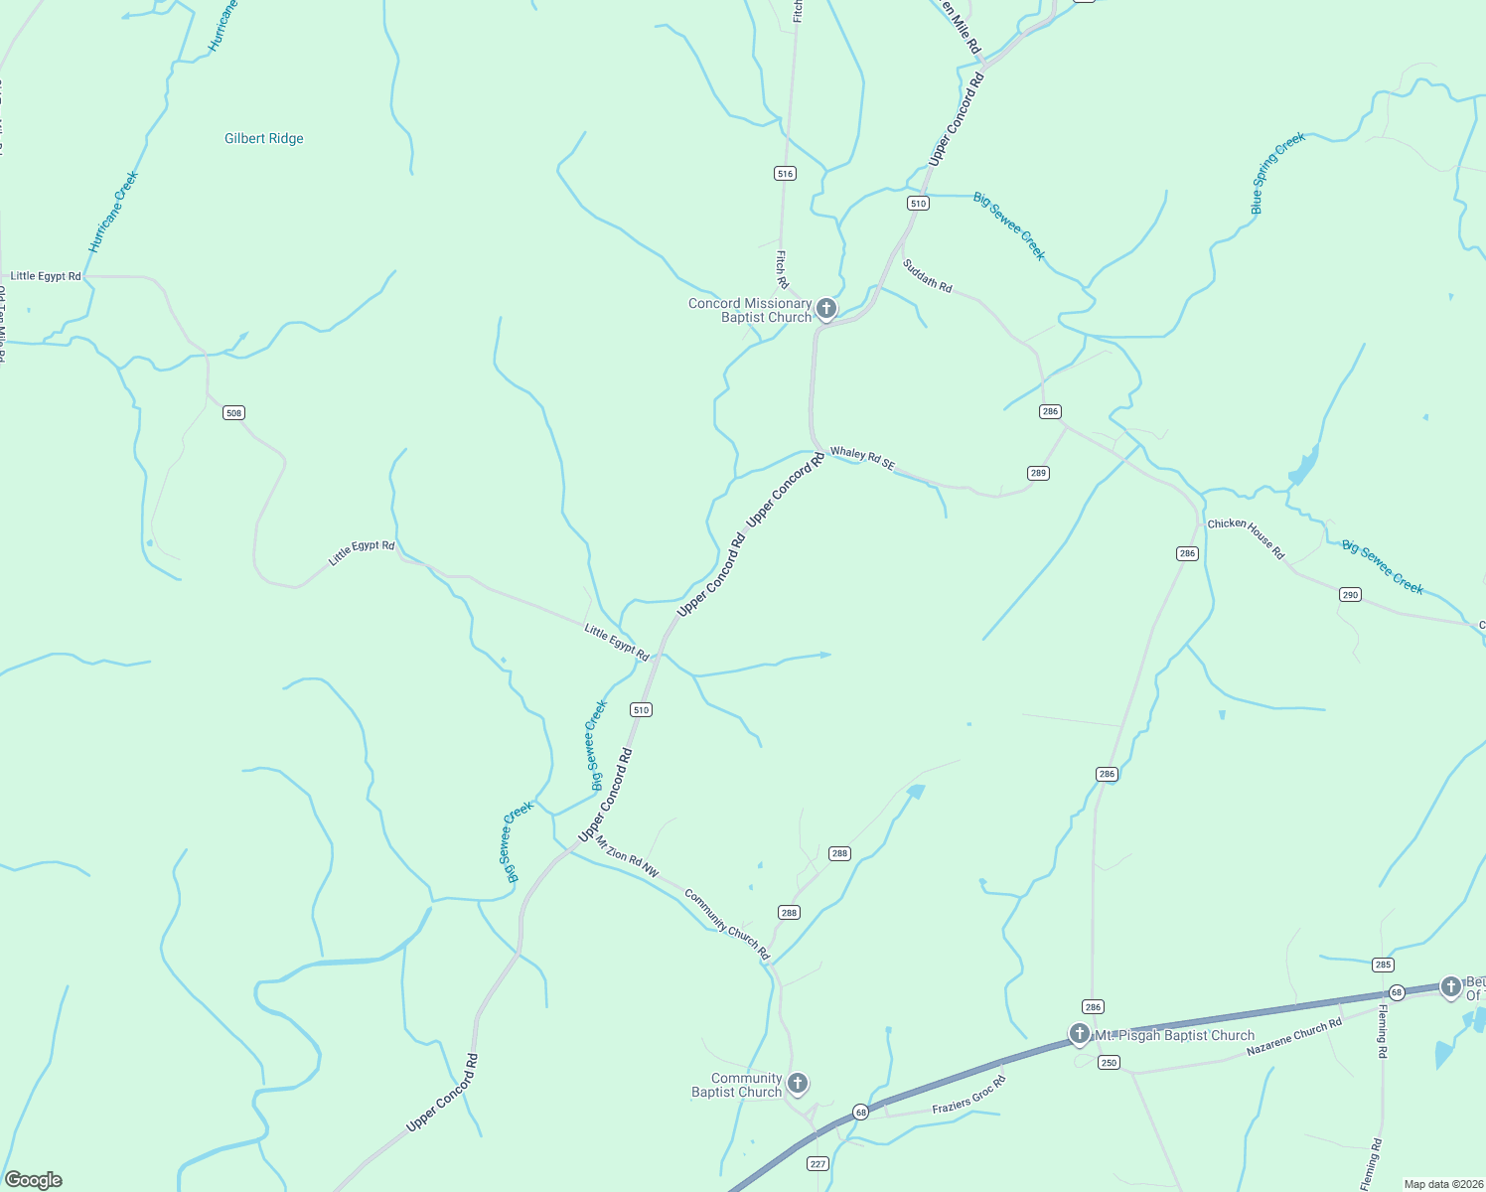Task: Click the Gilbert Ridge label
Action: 263,139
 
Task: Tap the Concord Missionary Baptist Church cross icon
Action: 825,309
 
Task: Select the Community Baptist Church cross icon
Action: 797,1083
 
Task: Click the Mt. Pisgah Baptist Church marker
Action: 1080,1034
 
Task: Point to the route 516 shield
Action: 785,174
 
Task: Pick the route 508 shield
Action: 233,413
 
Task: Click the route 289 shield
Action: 1038,473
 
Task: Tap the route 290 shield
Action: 1349,595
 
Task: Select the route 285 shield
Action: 1383,965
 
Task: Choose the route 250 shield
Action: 1109,1063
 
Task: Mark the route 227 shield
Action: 817,1164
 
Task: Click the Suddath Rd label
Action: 927,275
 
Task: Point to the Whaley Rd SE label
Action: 862,458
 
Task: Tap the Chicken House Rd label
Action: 1246,537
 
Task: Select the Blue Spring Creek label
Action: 1277,173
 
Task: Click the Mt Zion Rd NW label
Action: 627,856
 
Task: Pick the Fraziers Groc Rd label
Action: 968,1095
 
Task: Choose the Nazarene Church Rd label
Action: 1293,1036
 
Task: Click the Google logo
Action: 33,1180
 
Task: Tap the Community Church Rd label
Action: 727,924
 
